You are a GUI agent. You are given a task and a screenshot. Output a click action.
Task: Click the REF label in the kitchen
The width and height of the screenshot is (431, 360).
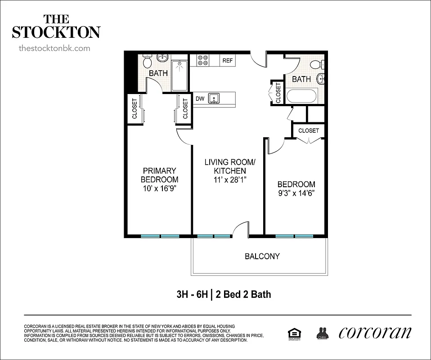pyautogui.click(x=228, y=60)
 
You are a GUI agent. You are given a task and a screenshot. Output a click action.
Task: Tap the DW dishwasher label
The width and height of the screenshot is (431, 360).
pyautogui.click(x=200, y=99)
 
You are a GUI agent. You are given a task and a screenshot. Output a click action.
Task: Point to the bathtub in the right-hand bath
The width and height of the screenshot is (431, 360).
pyautogui.click(x=302, y=96)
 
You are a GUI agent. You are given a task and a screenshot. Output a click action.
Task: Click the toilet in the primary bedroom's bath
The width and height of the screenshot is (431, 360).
pyautogui.click(x=147, y=60)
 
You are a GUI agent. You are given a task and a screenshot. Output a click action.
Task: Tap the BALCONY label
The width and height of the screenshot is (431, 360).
pyautogui.click(x=262, y=256)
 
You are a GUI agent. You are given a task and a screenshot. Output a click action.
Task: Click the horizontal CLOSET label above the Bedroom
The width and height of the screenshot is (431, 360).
pyautogui.click(x=308, y=130)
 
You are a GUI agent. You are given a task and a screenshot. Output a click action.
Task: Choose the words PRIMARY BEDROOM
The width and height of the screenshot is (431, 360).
pyautogui.click(x=159, y=175)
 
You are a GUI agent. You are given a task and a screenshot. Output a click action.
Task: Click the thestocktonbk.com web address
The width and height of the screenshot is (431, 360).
pyautogui.click(x=54, y=48)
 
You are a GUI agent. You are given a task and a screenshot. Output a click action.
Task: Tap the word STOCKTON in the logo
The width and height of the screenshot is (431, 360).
pyautogui.click(x=56, y=32)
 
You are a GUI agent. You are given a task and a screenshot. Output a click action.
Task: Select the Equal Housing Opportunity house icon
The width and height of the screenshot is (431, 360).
pyautogui.click(x=294, y=333)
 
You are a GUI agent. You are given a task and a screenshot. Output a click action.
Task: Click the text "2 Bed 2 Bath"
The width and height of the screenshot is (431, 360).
pyautogui.click(x=243, y=295)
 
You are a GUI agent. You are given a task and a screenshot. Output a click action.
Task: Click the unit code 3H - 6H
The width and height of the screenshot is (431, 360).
pyautogui.click(x=193, y=295)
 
